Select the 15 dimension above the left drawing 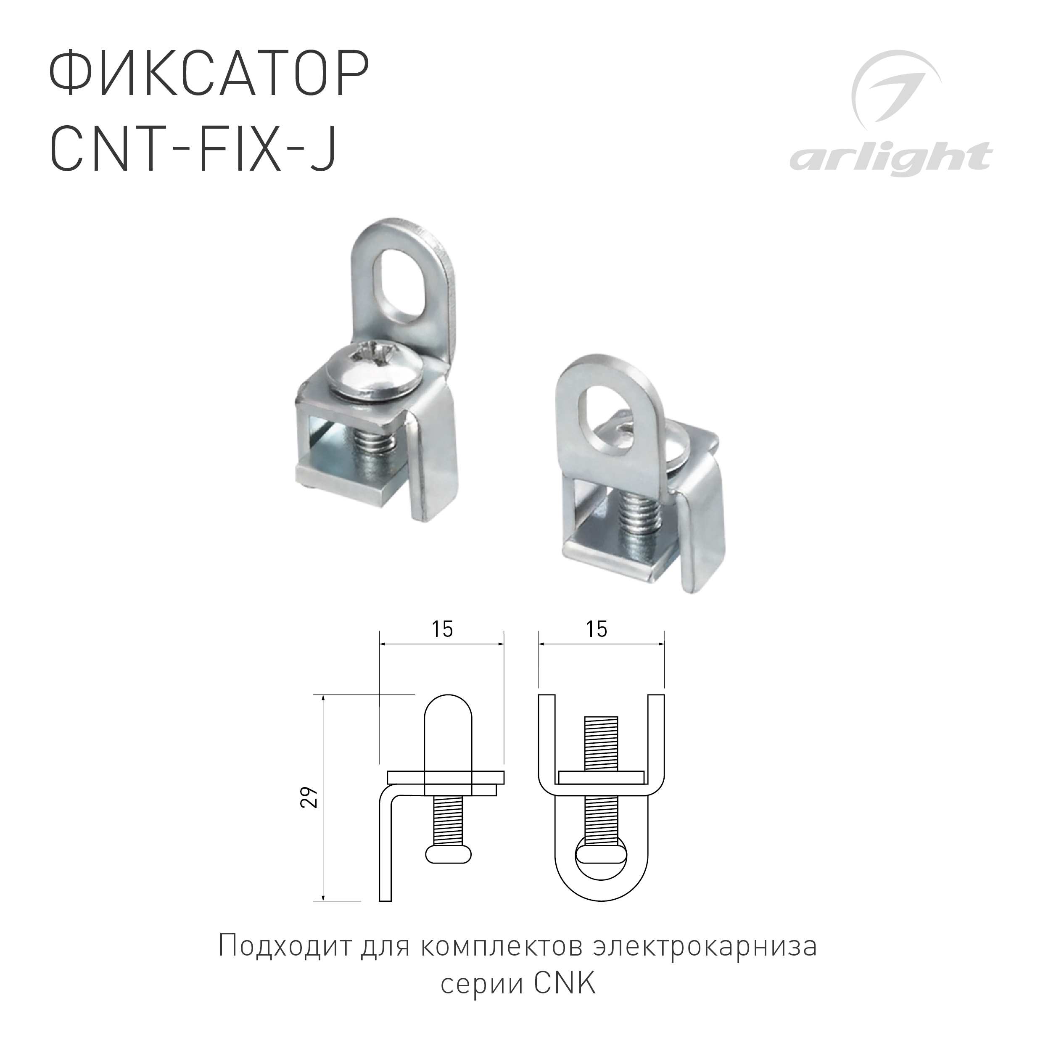point(442,629)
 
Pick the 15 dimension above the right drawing point(597,629)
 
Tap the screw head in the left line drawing point(449,854)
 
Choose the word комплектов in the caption point(502,946)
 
